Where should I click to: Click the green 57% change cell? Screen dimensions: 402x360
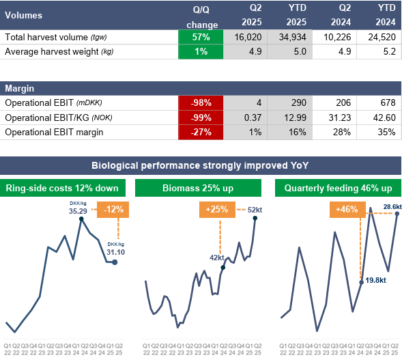[201, 37]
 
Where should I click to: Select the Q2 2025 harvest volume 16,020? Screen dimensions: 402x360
[248, 37]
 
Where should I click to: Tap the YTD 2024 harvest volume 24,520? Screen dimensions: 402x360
[382, 37]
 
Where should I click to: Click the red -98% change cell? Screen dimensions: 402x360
[201, 103]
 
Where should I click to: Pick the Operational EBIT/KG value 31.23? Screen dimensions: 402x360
[339, 117]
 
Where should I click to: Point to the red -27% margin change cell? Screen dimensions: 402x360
[201, 132]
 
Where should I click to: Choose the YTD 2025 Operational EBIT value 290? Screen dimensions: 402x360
[299, 103]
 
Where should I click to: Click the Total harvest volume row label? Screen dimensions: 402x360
[56, 37]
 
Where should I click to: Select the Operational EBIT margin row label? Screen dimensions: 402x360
[54, 133]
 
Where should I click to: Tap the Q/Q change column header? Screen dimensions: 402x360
[201, 17]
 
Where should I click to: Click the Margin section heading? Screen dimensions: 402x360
[20, 89]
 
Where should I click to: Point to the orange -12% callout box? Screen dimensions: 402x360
[113, 210]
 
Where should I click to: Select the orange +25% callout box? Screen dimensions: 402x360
[217, 210]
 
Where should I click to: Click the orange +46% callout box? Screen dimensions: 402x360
[347, 210]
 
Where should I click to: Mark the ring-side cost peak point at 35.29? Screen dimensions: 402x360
[81, 219]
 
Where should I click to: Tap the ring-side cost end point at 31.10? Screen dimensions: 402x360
[115, 262]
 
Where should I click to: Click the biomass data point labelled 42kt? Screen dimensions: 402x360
[223, 267]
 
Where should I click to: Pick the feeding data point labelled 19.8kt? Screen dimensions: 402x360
[362, 282]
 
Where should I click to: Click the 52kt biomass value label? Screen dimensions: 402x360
[255, 210]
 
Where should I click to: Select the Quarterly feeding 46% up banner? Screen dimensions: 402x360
[338, 188]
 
